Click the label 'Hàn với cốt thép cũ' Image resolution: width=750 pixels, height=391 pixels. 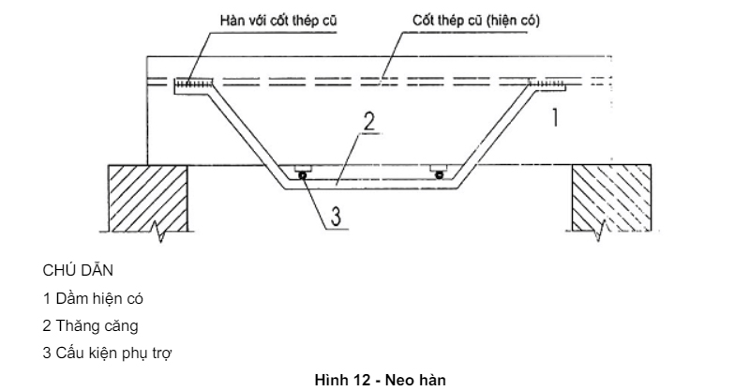pos(278,21)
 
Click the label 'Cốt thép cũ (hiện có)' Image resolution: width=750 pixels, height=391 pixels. pos(476,21)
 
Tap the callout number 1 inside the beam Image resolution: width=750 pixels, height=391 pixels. pos(555,117)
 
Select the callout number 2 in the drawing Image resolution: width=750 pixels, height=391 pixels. pos(369,122)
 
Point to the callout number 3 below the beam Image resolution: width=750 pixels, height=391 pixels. pos(337,216)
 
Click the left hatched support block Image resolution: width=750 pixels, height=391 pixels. pos(148,198)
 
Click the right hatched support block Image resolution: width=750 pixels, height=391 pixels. pos(612,198)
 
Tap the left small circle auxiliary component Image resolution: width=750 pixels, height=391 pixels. pos(303,175)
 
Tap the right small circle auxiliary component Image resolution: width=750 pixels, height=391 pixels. pos(439,175)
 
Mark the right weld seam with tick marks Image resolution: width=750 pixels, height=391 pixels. pos(547,84)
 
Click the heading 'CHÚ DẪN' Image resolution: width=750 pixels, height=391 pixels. pos(78,270)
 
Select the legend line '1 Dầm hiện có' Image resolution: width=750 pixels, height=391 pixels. pos(93,298)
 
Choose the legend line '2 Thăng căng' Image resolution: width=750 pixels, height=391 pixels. pos(90,326)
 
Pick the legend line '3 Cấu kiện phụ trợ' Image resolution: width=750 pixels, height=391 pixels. pos(107,353)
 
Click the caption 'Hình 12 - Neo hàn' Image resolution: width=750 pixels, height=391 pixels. pos(381,380)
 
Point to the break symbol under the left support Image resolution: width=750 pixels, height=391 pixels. pos(159,232)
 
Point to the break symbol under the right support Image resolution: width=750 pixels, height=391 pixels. pos(599,232)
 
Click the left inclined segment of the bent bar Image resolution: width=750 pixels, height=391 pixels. pos(247,137)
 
